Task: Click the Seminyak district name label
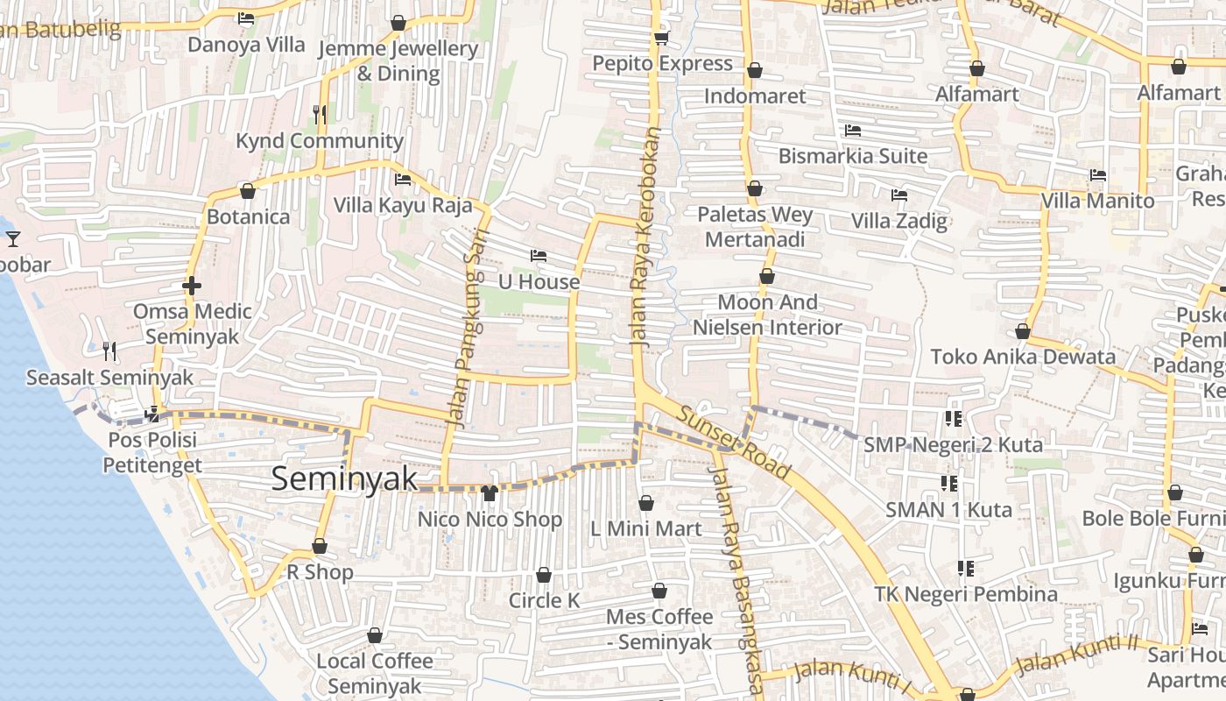pos(344,478)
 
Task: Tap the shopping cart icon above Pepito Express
pos(661,38)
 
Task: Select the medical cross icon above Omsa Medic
pos(192,286)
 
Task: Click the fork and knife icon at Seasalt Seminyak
pos(109,351)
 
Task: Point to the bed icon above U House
pos(539,256)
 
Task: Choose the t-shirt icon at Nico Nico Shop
pos(489,493)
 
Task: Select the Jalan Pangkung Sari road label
pos(464,328)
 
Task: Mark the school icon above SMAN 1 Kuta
pos(949,483)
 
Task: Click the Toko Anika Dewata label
pos(1023,357)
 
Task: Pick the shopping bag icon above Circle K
pos(544,576)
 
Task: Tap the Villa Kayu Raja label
pos(403,206)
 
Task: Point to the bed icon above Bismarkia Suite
pos(853,131)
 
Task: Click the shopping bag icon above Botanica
pos(248,191)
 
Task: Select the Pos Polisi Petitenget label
pos(152,452)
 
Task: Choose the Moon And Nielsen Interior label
pos(767,315)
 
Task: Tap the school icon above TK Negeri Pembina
pos(966,569)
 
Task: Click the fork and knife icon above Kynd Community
pos(320,114)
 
